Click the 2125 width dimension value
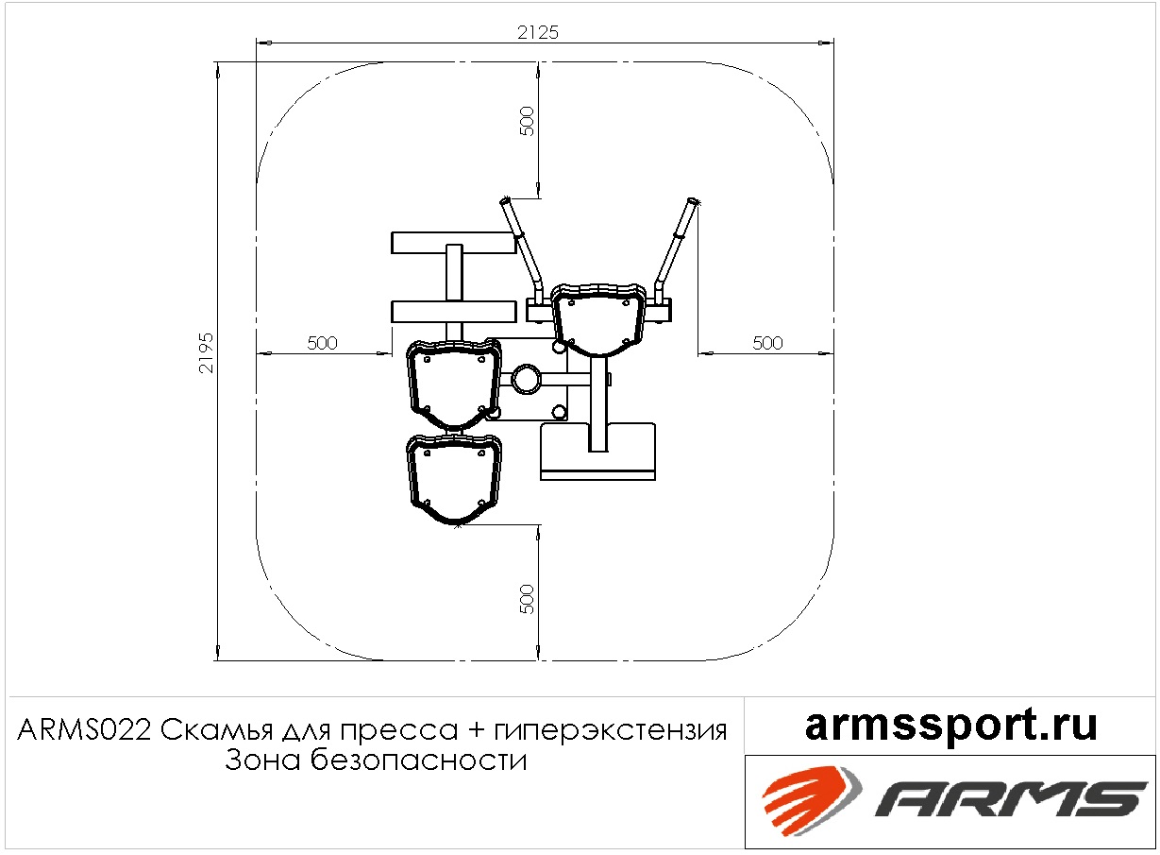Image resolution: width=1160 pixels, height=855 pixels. [538, 33]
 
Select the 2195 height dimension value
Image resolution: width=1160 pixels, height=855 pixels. [206, 353]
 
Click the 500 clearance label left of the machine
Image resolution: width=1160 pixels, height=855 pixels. [322, 343]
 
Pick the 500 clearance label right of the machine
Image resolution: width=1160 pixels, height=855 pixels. [767, 343]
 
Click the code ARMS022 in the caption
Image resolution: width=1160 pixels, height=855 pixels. [84, 731]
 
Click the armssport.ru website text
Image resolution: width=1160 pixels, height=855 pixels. [951, 726]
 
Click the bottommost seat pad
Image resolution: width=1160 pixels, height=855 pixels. [454, 479]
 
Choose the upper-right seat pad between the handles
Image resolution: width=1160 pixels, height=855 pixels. [598, 319]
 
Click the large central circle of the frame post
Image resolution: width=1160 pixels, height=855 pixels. [526, 379]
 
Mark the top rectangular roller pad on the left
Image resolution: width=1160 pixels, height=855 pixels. [454, 243]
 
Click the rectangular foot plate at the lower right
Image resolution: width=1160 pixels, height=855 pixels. [597, 452]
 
